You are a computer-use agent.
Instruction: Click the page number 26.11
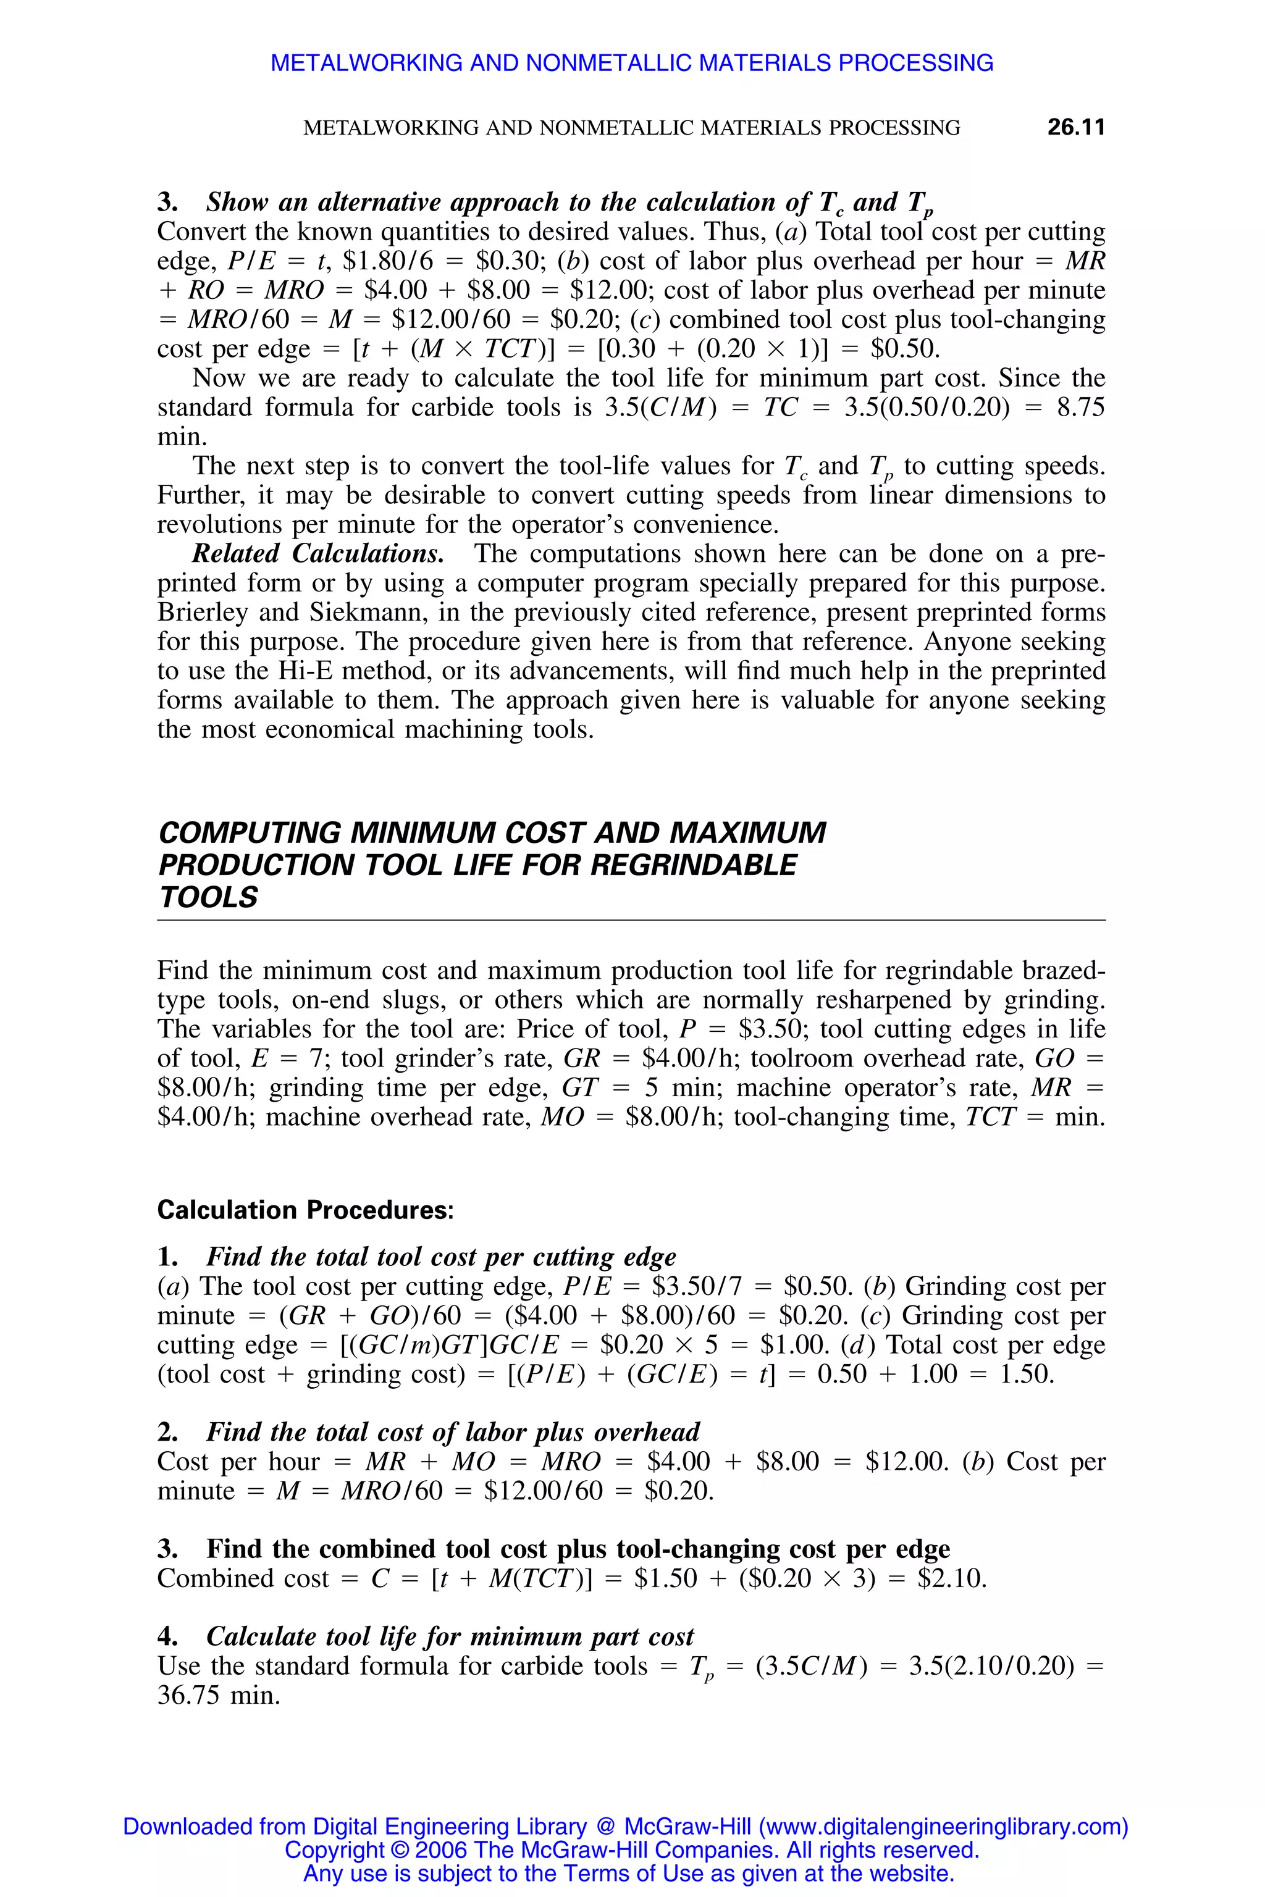click(1075, 127)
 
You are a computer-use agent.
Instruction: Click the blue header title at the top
click(632, 63)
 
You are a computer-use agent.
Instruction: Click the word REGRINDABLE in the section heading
click(693, 865)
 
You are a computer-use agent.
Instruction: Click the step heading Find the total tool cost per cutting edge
click(440, 1257)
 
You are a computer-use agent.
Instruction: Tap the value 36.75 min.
click(219, 1695)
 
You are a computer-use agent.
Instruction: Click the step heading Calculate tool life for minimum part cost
click(450, 1636)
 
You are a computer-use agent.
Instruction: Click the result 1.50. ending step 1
click(1026, 1375)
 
